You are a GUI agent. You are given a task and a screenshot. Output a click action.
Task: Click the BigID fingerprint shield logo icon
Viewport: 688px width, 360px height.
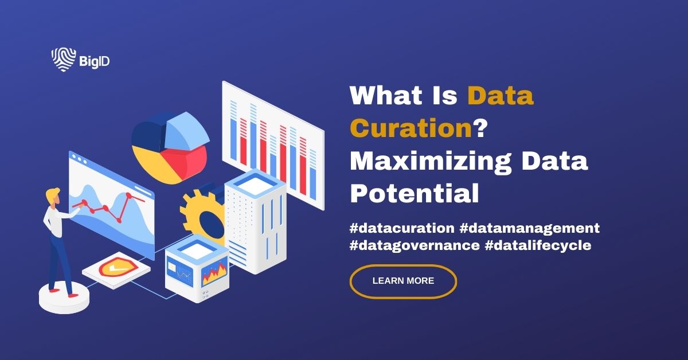61,60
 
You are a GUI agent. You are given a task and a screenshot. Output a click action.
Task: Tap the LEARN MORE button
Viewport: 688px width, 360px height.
403,281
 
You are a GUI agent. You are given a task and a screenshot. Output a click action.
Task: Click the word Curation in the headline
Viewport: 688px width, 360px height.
410,128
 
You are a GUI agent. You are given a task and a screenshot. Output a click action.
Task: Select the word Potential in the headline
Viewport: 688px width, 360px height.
414,194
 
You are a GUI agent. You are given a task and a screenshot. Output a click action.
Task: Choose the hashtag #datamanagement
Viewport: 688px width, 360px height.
529,228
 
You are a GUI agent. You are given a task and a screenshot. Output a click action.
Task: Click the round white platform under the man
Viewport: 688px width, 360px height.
64,298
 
